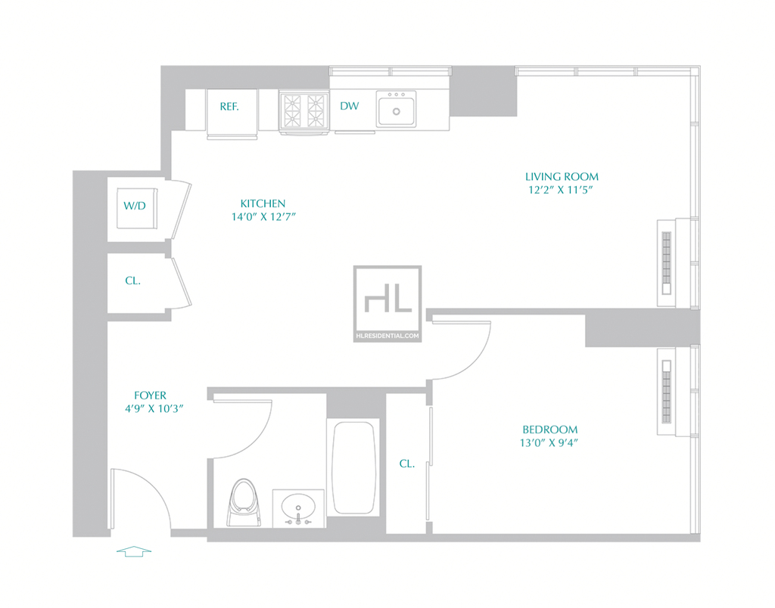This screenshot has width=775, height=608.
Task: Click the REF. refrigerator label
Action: coord(229,107)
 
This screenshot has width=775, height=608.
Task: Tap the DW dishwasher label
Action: coord(350,106)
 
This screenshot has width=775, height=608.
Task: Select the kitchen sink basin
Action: coord(396,109)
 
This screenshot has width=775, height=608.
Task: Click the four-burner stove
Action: coord(304,112)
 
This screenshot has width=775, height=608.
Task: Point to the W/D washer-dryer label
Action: coord(135,206)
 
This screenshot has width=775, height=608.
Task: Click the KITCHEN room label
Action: coord(263,203)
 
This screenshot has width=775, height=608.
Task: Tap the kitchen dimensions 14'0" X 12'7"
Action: coord(263,217)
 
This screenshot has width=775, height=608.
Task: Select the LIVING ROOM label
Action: coord(562,177)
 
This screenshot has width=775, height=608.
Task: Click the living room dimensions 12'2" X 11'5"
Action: coord(561,190)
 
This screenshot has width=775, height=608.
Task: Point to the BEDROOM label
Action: coord(550,430)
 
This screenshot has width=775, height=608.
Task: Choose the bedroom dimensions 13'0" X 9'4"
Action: coord(549,443)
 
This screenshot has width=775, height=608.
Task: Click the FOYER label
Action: coord(151,396)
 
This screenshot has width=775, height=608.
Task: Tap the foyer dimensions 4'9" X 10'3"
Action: coord(154,409)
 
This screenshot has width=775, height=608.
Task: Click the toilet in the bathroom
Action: coord(244,502)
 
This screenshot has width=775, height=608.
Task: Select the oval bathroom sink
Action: coord(298,507)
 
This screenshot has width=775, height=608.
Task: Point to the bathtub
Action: coord(353,468)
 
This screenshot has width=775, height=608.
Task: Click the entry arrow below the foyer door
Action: coord(134,551)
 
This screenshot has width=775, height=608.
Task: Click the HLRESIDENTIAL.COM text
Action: coord(387,336)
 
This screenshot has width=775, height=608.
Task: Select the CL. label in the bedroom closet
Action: coord(406,464)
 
